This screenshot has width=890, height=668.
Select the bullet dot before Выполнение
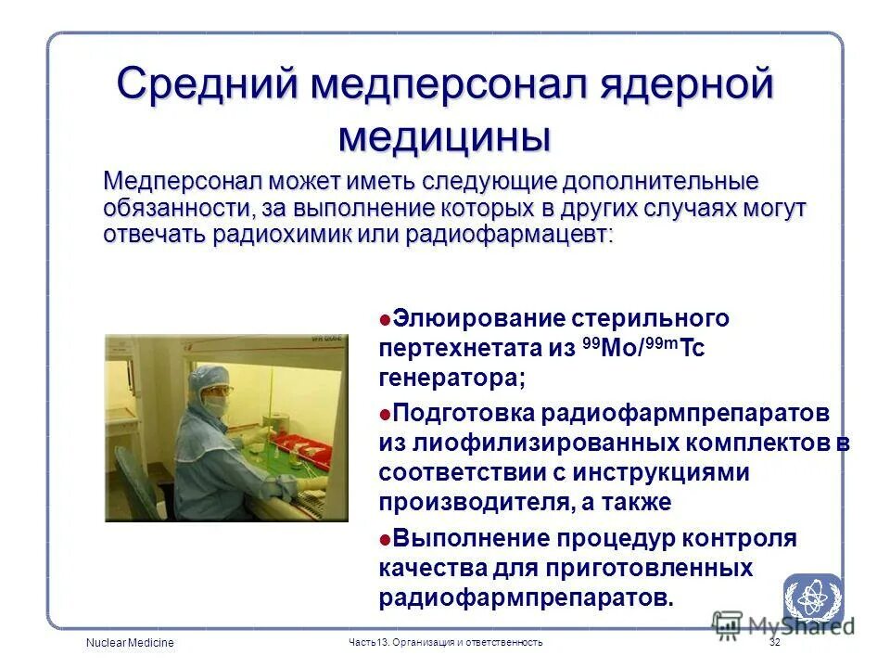tap(385, 539)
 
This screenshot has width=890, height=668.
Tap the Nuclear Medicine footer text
tap(130, 643)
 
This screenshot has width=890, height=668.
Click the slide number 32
tap(774, 643)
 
